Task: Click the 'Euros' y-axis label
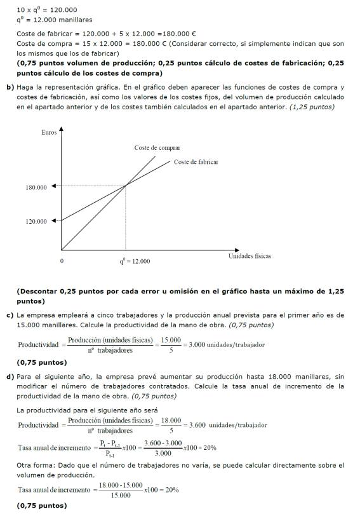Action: point(48,133)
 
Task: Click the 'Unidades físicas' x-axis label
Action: point(250,256)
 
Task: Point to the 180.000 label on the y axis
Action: point(36,188)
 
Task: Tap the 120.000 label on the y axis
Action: point(36,221)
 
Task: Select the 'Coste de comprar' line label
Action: point(157,147)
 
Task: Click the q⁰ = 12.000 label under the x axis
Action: point(135,261)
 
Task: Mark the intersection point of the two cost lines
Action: point(126,185)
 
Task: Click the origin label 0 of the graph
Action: point(62,261)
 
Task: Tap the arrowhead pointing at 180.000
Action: point(54,186)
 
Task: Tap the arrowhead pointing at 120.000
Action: point(54,220)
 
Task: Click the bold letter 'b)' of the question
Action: point(10,86)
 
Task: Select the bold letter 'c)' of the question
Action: point(10,315)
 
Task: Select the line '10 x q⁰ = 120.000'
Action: point(47,10)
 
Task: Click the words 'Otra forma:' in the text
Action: point(36,466)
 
